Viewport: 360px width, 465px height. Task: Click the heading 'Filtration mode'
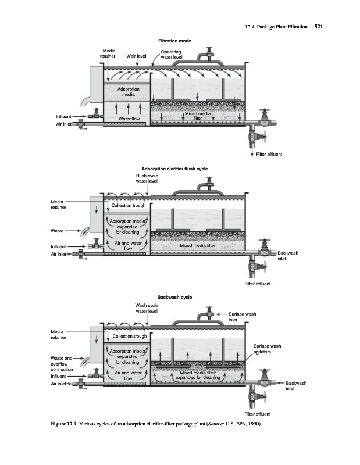point(175,41)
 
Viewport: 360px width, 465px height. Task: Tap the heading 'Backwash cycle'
point(175,297)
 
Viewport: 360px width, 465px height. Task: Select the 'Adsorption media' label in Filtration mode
point(128,91)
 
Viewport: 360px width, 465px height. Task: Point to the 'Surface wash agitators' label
point(268,349)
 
